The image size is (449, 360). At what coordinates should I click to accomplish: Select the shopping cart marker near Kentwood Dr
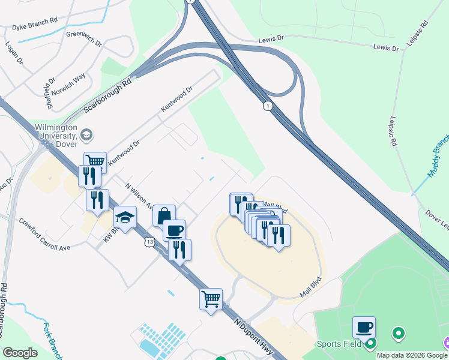tap(95, 161)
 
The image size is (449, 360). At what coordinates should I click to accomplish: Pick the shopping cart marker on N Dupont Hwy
tap(211, 298)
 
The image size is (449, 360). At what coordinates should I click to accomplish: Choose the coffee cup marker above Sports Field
tap(364, 327)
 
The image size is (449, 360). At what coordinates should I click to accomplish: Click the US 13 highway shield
tap(148, 241)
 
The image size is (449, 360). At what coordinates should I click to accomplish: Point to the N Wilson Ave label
tap(137, 196)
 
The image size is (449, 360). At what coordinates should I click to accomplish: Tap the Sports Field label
tap(339, 344)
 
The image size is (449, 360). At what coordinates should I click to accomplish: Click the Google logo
tap(19, 353)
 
